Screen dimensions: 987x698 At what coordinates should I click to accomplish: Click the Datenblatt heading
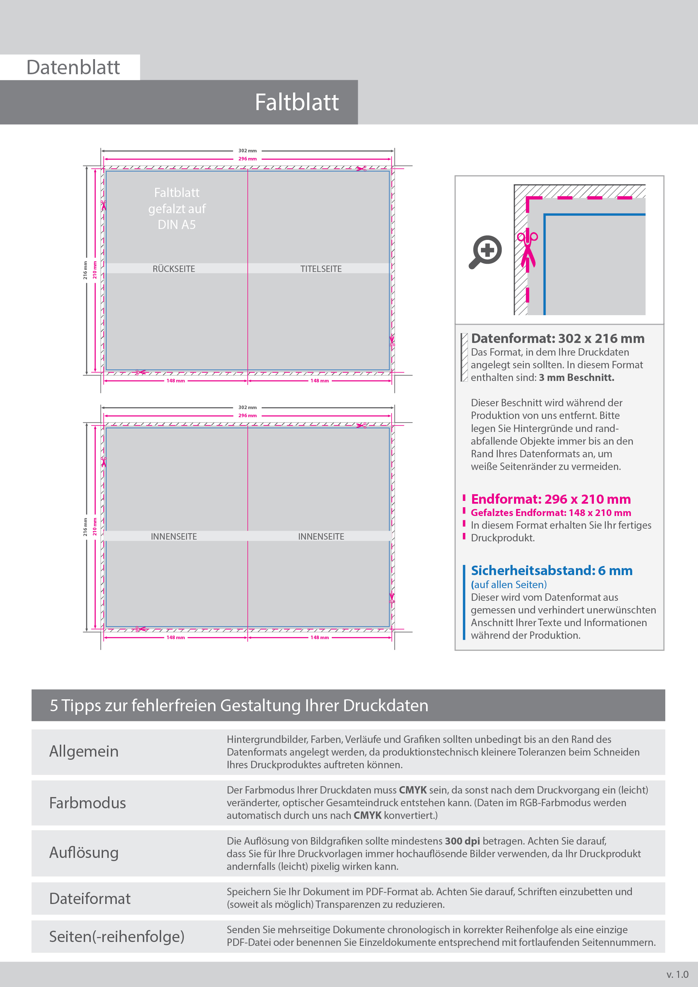[x=73, y=68]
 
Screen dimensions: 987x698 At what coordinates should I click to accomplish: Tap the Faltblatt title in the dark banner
[x=296, y=102]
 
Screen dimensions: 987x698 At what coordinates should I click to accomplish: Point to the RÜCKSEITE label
[x=174, y=269]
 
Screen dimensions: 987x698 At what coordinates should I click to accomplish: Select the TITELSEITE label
[x=321, y=269]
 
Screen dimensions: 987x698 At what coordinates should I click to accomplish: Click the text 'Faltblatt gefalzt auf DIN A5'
[x=177, y=209]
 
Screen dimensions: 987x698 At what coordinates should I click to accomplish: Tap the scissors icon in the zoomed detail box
[x=527, y=249]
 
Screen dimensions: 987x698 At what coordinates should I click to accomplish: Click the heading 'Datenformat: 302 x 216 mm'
[x=557, y=339]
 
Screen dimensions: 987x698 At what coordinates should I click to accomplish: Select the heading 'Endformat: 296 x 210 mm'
[x=551, y=499]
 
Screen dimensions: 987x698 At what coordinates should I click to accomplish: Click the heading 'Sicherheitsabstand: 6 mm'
[x=551, y=571]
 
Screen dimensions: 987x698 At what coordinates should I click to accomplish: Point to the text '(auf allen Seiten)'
[x=509, y=585]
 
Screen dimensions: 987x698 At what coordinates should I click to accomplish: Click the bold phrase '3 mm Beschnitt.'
[x=576, y=377]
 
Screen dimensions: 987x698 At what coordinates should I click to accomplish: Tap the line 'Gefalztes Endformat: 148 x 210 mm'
[x=551, y=512]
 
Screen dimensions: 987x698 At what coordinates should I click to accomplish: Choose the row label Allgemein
[x=84, y=751]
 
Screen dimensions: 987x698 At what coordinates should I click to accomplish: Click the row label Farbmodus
[x=87, y=803]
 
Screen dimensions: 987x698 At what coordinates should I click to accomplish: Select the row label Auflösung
[x=84, y=853]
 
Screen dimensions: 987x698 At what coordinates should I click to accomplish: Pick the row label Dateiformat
[x=89, y=898]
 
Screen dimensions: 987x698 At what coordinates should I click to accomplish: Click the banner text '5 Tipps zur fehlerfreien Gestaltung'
[x=239, y=706]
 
